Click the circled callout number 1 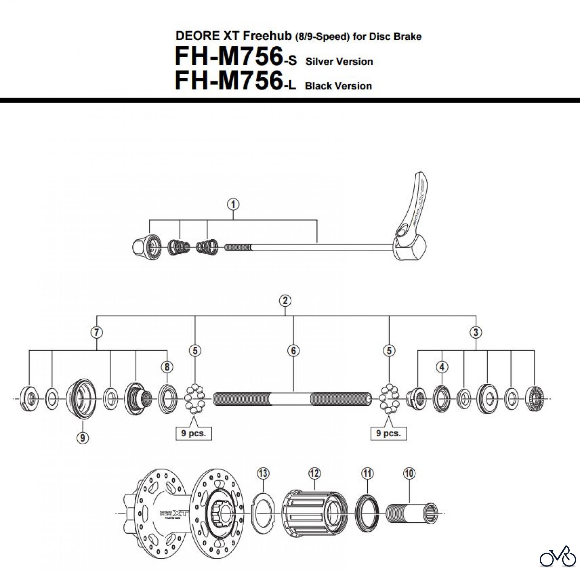233,204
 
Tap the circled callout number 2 285,301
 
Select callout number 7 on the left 97,332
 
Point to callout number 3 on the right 476,332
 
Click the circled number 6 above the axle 293,350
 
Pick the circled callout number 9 83,438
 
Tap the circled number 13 263,473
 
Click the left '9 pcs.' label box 193,433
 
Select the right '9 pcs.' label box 389,433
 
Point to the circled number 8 167,367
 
